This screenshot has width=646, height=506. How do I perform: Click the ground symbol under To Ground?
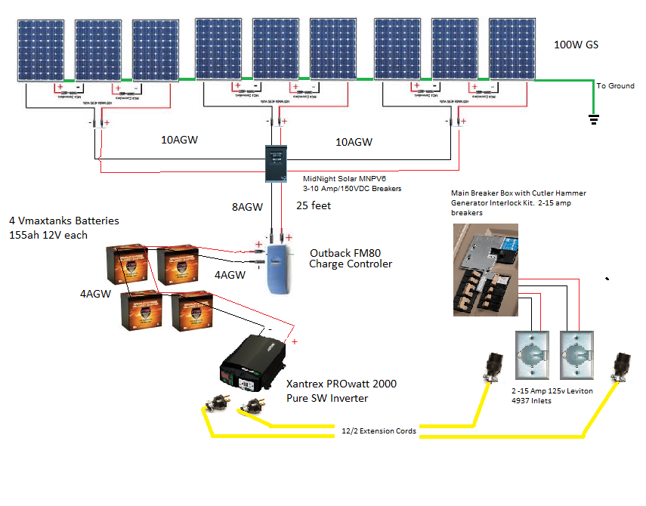[x=593, y=118]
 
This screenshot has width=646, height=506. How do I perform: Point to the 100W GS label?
[x=576, y=45]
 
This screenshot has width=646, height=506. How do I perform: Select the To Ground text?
[x=615, y=86]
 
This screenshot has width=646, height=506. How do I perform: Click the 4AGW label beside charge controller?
[x=230, y=276]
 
